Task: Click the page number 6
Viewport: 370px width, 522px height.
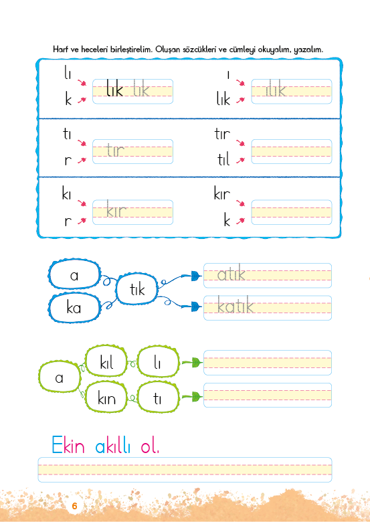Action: [x=74, y=506]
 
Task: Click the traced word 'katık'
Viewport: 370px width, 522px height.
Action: [x=236, y=306]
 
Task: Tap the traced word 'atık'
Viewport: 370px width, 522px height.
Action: [x=231, y=273]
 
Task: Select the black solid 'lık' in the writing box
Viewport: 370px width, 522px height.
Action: [x=115, y=88]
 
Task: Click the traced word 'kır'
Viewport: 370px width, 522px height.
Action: [x=116, y=209]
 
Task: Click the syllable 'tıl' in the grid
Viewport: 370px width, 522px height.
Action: [x=223, y=159]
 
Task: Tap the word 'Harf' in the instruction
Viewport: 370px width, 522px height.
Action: [x=61, y=50]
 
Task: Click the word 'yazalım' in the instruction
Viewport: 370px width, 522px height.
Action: [x=308, y=50]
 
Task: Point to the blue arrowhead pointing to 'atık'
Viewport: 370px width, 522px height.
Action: [x=196, y=276]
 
